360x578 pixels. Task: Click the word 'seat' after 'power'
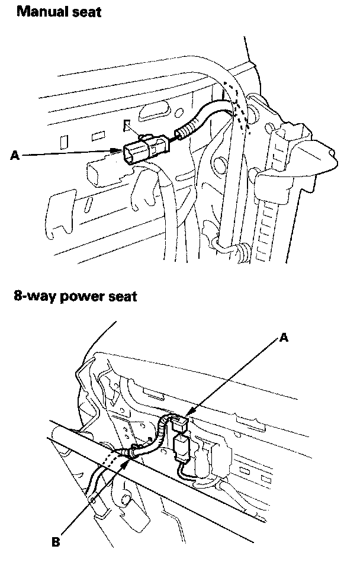[121, 296]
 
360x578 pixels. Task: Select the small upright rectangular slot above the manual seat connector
[127, 126]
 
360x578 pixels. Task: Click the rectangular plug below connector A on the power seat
[181, 446]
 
